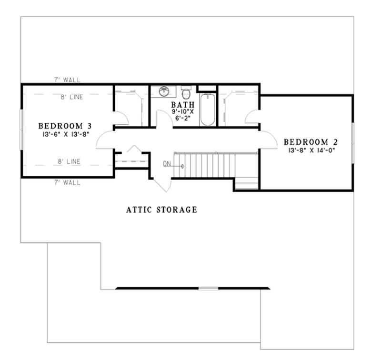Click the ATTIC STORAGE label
161,209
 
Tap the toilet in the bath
186,89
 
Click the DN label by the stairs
167,164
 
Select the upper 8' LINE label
71,97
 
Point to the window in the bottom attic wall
208,288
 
